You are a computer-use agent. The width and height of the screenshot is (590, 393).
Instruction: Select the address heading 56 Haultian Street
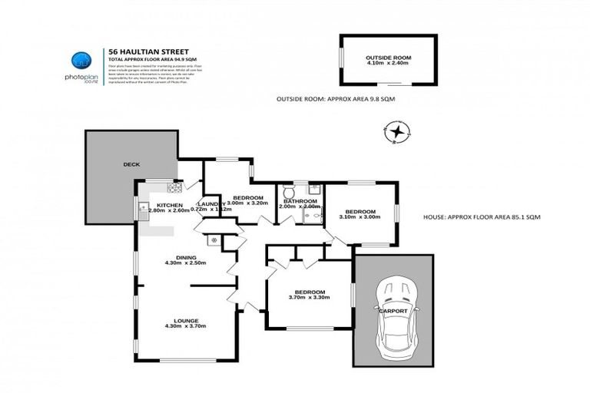[145, 51]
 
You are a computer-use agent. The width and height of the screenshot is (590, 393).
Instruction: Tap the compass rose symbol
[397, 133]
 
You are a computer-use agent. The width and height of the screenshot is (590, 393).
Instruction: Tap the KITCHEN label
[168, 205]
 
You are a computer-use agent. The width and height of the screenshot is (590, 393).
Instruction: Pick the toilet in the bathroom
[289, 189]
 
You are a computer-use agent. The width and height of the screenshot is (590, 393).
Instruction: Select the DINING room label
[185, 257]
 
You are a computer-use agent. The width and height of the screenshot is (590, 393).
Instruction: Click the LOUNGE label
[185, 320]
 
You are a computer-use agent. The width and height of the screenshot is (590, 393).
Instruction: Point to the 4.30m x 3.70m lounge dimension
[185, 326]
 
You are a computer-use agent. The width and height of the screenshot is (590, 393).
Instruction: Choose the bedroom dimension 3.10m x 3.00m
[360, 217]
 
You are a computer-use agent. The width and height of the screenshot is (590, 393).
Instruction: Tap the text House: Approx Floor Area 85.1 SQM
[482, 218]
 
